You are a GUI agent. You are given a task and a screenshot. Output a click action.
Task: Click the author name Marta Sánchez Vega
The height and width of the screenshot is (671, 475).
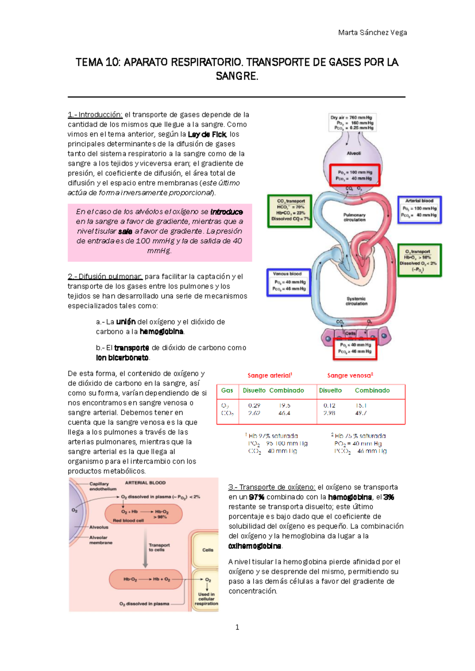tap(372, 32)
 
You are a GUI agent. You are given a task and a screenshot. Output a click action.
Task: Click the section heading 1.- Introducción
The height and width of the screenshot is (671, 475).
tap(95, 115)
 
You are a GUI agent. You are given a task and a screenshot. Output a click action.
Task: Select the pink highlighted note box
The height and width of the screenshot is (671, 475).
tap(160, 232)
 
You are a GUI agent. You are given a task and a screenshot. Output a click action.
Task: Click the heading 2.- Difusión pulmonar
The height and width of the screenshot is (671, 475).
tap(105, 277)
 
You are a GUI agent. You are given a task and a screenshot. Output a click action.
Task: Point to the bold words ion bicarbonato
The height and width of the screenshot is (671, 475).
tap(122, 358)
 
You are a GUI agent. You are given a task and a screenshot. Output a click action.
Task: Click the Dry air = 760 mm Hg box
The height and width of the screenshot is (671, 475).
tap(351, 123)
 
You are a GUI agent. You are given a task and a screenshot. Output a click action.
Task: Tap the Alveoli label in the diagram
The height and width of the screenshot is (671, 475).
tap(353, 154)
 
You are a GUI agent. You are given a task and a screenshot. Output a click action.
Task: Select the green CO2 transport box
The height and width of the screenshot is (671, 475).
tap(290, 210)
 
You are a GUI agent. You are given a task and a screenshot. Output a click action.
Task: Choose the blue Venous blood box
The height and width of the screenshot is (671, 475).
tap(289, 282)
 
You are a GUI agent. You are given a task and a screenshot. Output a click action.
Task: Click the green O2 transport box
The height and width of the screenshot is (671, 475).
tap(420, 260)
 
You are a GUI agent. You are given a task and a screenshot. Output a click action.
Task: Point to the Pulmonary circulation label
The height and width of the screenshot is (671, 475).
tap(354, 217)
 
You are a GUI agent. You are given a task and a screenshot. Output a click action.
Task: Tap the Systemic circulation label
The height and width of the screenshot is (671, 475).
tap(356, 301)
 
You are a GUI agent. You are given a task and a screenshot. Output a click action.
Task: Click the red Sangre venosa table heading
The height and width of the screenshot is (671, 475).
tap(350, 375)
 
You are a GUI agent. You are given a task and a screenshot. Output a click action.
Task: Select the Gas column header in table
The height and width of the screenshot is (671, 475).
tap(227, 390)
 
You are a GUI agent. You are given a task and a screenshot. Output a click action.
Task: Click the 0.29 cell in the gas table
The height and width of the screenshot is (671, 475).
tap(254, 406)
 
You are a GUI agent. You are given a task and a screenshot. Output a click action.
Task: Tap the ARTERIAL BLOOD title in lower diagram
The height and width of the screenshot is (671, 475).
tap(145, 483)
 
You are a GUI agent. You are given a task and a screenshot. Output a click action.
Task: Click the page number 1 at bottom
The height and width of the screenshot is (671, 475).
tap(237, 627)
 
